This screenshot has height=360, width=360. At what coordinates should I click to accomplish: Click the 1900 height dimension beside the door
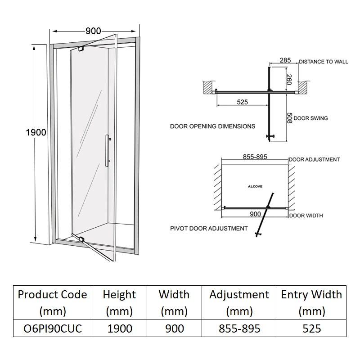[x=36, y=132]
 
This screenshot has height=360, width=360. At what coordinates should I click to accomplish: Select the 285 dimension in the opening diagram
[x=285, y=60]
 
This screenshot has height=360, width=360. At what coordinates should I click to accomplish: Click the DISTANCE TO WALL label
[x=323, y=62]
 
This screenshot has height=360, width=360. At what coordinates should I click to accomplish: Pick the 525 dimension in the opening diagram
[x=242, y=102]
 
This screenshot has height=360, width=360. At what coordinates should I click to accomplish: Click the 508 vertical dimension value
[x=289, y=118]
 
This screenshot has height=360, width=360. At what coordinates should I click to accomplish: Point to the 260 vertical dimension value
[x=289, y=80]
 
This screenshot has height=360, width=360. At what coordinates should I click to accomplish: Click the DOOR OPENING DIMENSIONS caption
[x=212, y=126]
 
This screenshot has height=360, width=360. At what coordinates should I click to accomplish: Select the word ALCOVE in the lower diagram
[x=255, y=185]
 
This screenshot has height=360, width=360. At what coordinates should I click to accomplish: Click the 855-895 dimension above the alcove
[x=256, y=157]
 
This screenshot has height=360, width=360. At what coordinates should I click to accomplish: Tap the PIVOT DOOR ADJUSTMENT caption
[x=209, y=228]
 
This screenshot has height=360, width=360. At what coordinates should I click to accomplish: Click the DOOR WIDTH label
[x=306, y=216]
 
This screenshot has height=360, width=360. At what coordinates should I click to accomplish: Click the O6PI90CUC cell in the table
[x=53, y=328]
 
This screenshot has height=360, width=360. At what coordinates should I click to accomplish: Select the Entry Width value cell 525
[x=311, y=328]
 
